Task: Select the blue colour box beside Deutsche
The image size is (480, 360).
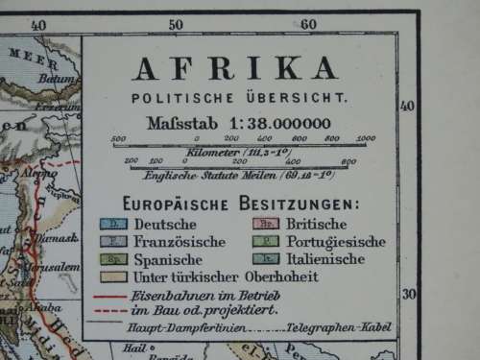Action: (112, 225)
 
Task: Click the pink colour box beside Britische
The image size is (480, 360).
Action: (266, 225)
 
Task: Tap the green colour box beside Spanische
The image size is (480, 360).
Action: (112, 259)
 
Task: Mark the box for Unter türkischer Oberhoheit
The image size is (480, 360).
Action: (112, 276)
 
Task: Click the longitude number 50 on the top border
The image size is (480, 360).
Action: (176, 24)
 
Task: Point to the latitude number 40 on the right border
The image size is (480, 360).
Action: (407, 106)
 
